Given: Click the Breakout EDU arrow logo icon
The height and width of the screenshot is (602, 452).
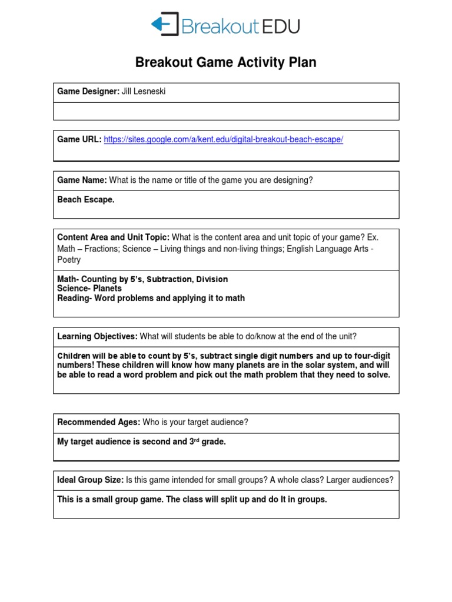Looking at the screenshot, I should [x=164, y=25].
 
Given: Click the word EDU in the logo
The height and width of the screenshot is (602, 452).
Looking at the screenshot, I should [x=281, y=26].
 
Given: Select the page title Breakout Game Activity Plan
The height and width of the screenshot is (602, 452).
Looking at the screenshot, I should [x=226, y=62].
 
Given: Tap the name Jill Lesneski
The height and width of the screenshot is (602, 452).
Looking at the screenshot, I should [x=144, y=92].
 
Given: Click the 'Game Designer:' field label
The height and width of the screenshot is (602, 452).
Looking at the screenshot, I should [x=88, y=92].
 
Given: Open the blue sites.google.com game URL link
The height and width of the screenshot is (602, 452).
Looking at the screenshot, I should [x=223, y=139].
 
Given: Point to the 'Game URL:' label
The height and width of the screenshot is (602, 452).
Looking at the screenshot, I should [x=79, y=139].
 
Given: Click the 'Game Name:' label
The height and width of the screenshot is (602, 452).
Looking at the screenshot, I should [x=82, y=180].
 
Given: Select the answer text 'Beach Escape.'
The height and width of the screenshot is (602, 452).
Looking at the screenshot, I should [x=86, y=199].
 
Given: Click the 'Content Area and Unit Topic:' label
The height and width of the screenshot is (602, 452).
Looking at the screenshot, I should [x=113, y=237].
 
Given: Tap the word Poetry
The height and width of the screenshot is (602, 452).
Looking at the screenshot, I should [x=69, y=260].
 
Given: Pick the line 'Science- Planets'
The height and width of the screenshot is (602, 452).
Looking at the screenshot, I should [x=89, y=289].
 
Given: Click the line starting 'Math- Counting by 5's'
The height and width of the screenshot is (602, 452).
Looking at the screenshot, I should [x=142, y=279].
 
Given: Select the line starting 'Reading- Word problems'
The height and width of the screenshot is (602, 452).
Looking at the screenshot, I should [x=151, y=298].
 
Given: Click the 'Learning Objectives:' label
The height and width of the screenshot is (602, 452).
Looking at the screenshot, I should [x=97, y=336].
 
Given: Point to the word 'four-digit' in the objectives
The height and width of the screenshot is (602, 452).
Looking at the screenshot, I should [x=370, y=356].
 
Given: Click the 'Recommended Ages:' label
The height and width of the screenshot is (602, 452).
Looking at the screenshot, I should [x=98, y=422].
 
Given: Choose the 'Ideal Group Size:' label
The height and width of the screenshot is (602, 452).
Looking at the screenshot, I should [x=90, y=480].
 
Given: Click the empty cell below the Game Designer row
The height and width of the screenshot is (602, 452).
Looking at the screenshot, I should [x=226, y=111].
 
